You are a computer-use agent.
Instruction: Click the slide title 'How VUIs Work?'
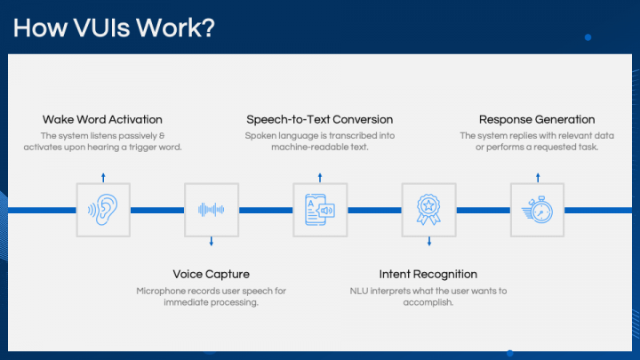[114, 27]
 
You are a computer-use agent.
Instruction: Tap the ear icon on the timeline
[103, 210]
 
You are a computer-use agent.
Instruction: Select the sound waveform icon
[212, 210]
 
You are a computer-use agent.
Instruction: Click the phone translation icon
[320, 210]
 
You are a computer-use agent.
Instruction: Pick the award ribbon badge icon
[428, 210]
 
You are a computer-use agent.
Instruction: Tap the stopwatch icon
[537, 210]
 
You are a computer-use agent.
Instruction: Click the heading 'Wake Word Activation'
[102, 119]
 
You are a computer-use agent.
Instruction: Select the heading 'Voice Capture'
[211, 274]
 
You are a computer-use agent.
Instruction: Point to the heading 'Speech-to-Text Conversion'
[319, 119]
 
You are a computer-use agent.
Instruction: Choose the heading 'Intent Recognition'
[428, 274]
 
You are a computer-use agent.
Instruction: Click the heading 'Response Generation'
[537, 119]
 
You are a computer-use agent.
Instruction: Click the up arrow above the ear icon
[103, 176]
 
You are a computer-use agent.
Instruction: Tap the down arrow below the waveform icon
[212, 242]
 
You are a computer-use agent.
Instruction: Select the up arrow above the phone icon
[320, 176]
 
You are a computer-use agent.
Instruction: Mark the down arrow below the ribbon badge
[428, 242]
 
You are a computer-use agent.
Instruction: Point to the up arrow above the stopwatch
[537, 176]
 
